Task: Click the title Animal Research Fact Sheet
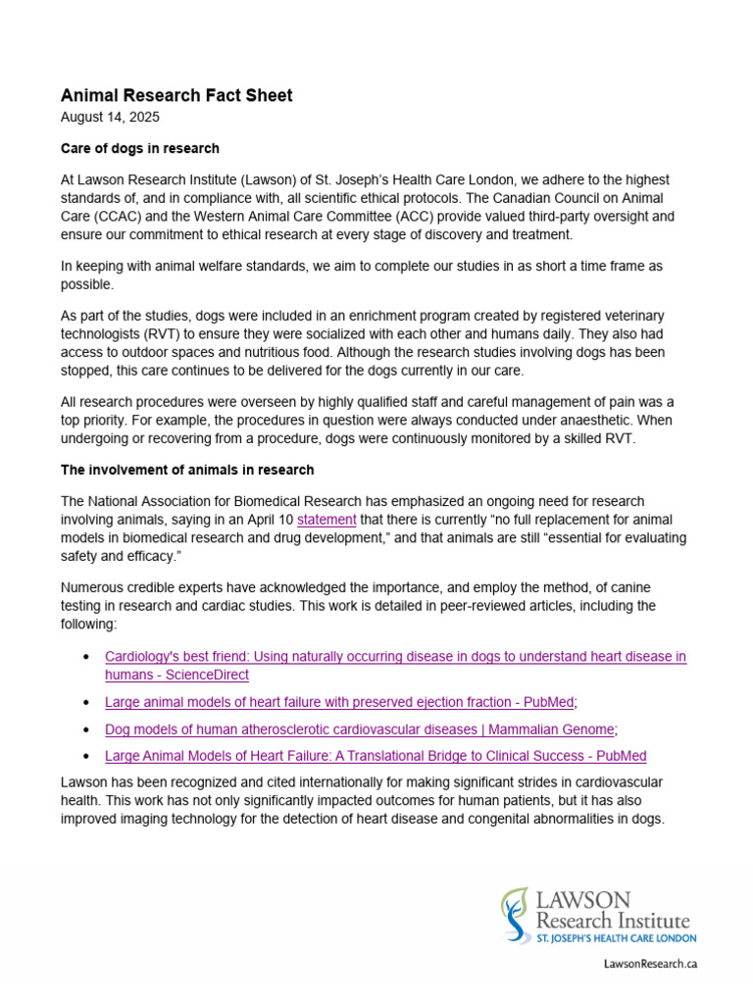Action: [176, 95]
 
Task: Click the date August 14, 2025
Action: [110, 117]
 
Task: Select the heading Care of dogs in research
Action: [140, 148]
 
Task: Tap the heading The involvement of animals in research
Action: [187, 470]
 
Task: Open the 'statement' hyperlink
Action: [326, 519]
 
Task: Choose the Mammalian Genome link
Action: [360, 729]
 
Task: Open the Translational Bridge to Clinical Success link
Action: [376, 756]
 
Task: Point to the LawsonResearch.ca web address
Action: [650, 964]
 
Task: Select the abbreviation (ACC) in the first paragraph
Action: [391, 216]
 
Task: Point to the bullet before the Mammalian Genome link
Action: [88, 730]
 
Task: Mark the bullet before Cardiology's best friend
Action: [88, 657]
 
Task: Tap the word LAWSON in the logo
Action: [583, 900]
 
